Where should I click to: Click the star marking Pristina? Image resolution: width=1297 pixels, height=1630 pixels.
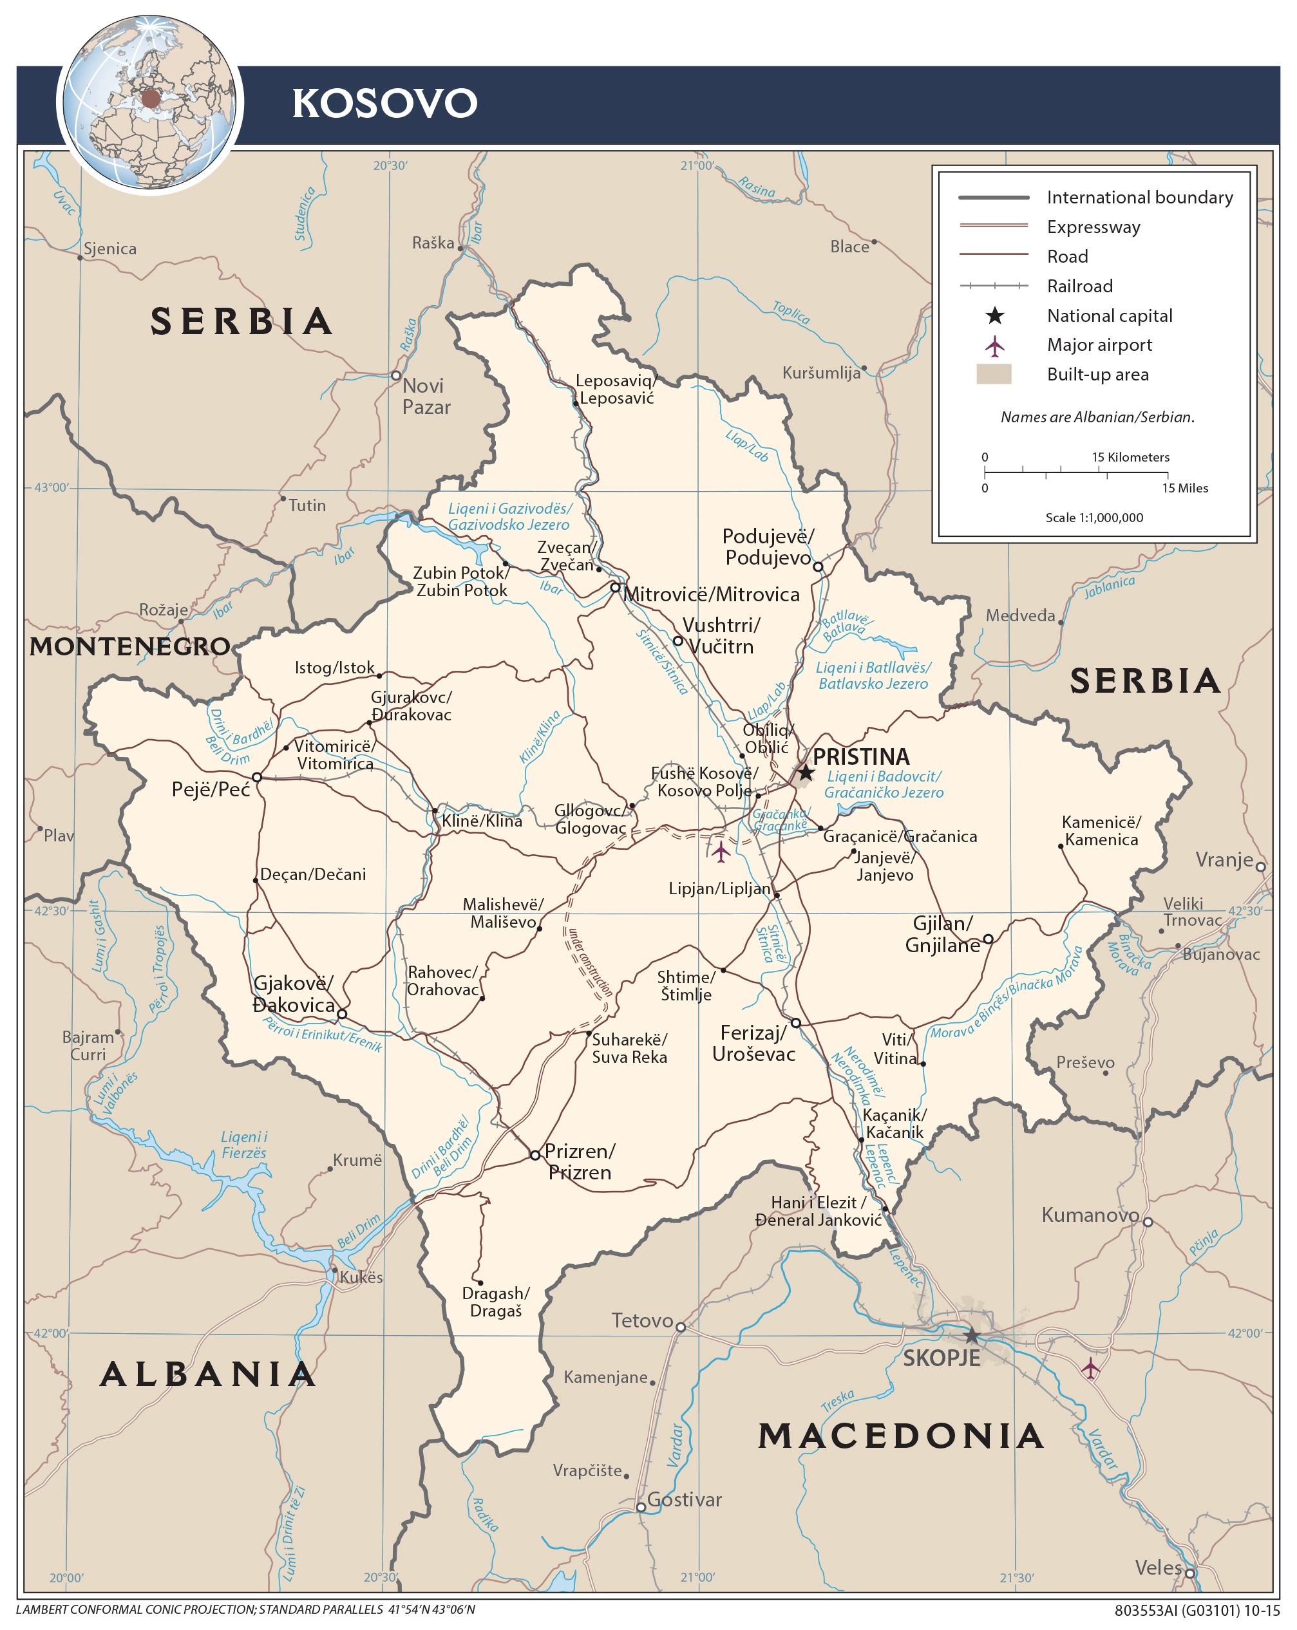pyautogui.click(x=806, y=772)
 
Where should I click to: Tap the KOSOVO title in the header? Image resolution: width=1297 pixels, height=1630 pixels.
pyautogui.click(x=384, y=103)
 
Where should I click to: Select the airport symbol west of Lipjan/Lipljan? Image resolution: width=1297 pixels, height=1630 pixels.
pyautogui.click(x=721, y=852)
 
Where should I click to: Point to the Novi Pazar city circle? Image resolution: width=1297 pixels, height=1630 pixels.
pyautogui.click(x=395, y=375)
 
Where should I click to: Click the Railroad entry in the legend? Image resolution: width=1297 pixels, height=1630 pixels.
pyautogui.click(x=1079, y=286)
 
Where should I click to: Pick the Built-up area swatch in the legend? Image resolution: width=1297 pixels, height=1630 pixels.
pyautogui.click(x=994, y=374)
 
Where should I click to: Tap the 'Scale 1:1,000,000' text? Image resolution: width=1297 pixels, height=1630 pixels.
pyautogui.click(x=1093, y=518)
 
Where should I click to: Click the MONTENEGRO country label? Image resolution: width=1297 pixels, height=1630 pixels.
pyautogui.click(x=129, y=646)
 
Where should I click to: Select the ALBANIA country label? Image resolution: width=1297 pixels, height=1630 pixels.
pyautogui.click(x=208, y=1374)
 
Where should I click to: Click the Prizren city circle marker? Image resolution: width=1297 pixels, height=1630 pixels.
pyautogui.click(x=535, y=1155)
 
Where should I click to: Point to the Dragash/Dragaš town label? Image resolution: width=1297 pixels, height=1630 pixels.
pyautogui.click(x=495, y=1302)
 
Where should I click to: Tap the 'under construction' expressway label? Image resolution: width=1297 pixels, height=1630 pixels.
pyautogui.click(x=590, y=962)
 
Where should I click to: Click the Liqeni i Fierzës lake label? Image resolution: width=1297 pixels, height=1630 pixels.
pyautogui.click(x=243, y=1145)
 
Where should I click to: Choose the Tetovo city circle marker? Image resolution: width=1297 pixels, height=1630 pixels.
pyautogui.click(x=681, y=1327)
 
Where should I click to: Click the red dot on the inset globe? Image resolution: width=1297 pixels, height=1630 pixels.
pyautogui.click(x=151, y=98)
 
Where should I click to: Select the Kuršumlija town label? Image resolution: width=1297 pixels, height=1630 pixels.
pyautogui.click(x=821, y=373)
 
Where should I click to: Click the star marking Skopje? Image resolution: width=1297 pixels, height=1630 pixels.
pyautogui.click(x=972, y=1335)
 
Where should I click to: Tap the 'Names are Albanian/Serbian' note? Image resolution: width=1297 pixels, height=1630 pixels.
pyautogui.click(x=1097, y=417)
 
